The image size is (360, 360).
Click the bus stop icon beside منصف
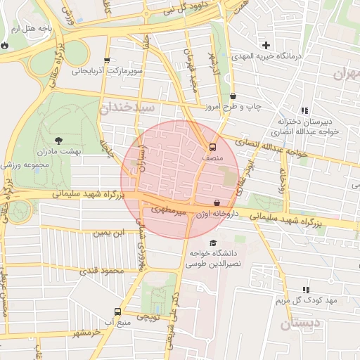click(212, 148)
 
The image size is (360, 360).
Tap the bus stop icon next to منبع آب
click(117, 311)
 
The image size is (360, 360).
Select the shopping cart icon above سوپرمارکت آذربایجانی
click(107, 60)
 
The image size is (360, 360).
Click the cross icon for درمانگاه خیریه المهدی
click(266, 46)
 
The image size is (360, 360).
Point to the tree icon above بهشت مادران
click(58, 140)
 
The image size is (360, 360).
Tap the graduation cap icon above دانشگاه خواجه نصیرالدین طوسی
click(214, 243)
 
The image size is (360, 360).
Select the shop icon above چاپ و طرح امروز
click(233, 96)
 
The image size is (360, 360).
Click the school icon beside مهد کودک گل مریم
click(305, 290)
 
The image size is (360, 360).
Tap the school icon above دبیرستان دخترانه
click(304, 110)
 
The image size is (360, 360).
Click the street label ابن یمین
click(112, 232)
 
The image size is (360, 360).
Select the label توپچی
click(147, 317)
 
